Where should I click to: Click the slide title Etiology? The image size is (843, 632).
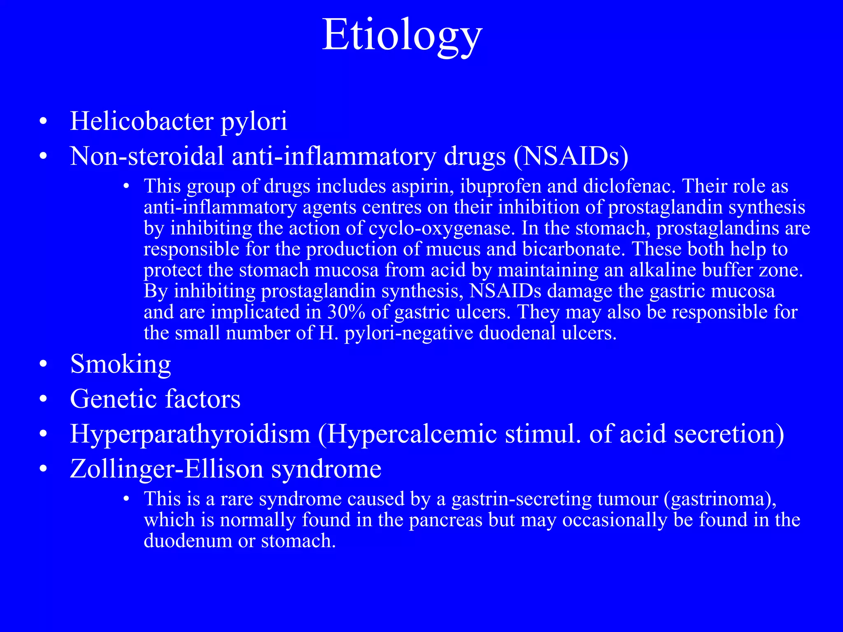402,36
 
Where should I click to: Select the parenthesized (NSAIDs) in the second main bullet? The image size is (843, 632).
571,156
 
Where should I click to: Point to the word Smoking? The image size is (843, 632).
121,364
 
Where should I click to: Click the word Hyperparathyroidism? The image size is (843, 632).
190,434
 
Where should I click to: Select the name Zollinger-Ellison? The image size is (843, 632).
166,469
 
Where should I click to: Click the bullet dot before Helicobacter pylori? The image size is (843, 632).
44,122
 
